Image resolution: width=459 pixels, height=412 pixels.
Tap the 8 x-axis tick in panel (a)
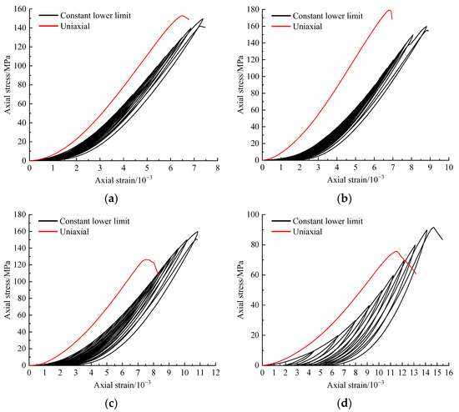click(217, 168)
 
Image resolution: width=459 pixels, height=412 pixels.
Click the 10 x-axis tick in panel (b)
click(449, 168)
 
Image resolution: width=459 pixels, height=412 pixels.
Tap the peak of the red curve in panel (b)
click(389, 10)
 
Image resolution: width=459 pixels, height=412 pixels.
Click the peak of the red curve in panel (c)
click(147, 259)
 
